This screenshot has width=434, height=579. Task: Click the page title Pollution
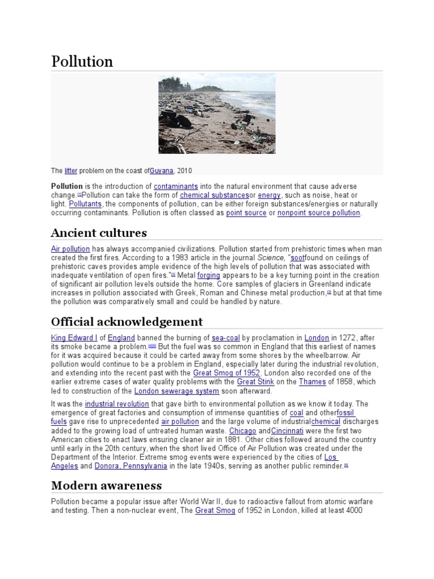(x=82, y=61)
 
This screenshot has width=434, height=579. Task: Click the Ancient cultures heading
(x=98, y=233)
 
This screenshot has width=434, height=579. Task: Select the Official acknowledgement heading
(x=127, y=322)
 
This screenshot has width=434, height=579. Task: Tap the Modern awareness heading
(x=106, y=485)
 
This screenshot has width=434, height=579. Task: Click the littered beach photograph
(x=216, y=115)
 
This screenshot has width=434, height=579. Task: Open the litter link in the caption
(x=71, y=171)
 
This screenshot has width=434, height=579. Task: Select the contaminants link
(x=176, y=186)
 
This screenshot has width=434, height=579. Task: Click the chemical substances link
(x=214, y=195)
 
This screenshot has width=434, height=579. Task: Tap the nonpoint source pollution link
(x=319, y=213)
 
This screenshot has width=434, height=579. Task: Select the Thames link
(x=312, y=382)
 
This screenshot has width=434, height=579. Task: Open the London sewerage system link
(x=176, y=391)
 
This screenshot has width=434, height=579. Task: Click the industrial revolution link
(x=117, y=404)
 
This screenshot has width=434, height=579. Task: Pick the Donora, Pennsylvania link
(x=131, y=466)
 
